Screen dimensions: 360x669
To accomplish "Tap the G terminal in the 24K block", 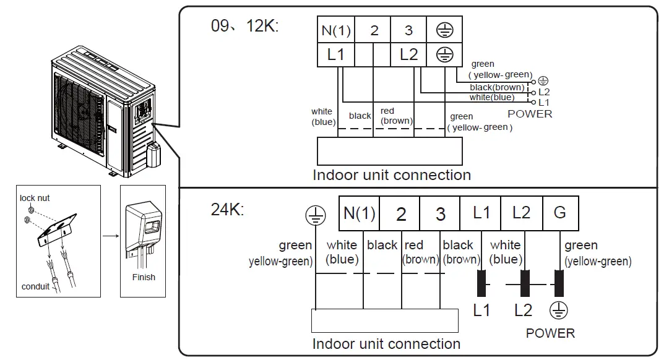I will pyautogui.click(x=559, y=213).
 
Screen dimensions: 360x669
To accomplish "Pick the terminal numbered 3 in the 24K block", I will pyautogui.click(x=440, y=214).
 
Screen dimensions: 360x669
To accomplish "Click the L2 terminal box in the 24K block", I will pyautogui.click(x=521, y=213).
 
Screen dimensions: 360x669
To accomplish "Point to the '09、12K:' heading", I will pyautogui.click(x=245, y=27).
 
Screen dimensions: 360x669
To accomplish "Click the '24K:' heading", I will pyautogui.click(x=228, y=209).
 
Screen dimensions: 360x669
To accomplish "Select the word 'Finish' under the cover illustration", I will pyautogui.click(x=144, y=277).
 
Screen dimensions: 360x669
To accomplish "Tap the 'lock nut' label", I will pyautogui.click(x=35, y=198).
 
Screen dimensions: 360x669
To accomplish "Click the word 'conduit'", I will pyautogui.click(x=35, y=286).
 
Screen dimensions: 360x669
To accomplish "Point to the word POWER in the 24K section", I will pyautogui.click(x=550, y=333).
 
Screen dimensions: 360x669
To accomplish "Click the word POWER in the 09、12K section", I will pyautogui.click(x=530, y=114).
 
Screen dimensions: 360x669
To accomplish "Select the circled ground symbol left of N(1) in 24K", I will pyautogui.click(x=315, y=215).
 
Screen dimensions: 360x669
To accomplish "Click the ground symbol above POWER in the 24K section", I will pyautogui.click(x=558, y=310).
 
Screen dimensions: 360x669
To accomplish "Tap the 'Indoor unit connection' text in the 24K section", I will pyautogui.click(x=386, y=344).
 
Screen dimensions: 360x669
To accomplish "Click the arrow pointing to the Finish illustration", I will pyautogui.click(x=110, y=235).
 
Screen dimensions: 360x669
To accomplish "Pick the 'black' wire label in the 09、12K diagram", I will pyautogui.click(x=360, y=116).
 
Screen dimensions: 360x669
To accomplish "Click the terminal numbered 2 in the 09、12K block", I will pyautogui.click(x=374, y=30).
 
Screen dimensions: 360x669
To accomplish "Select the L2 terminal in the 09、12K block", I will pyautogui.click(x=409, y=54).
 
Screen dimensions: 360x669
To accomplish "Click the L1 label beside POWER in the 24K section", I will pyautogui.click(x=481, y=311).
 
